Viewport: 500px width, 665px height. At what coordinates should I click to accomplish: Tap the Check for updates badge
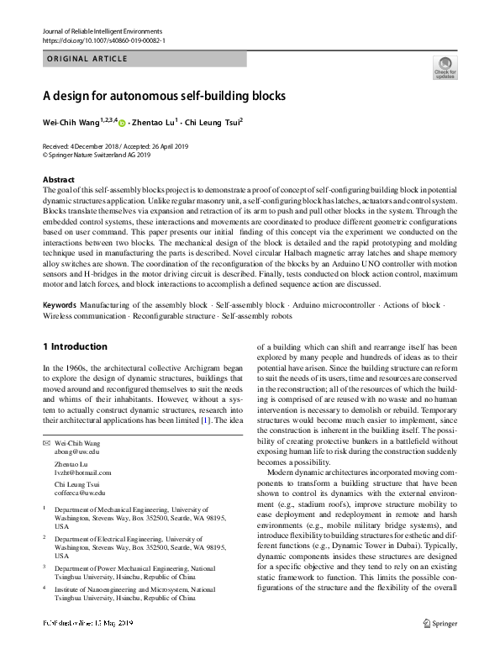point(445,67)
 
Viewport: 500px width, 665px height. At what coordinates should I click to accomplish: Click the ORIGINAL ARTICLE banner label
point(86,59)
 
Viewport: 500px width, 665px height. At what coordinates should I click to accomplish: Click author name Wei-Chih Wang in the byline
point(71,123)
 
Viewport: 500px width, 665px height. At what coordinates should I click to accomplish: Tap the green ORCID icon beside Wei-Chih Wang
point(122,124)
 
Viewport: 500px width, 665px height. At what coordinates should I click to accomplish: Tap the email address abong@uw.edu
point(76,451)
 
